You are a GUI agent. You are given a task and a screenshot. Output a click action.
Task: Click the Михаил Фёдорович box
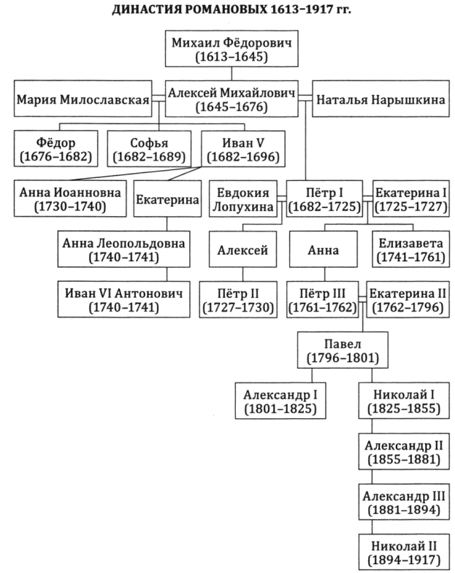tap(232, 49)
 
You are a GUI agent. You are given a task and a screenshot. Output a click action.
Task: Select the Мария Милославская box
tap(83, 99)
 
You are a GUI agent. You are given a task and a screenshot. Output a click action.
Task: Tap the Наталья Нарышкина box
tap(381, 99)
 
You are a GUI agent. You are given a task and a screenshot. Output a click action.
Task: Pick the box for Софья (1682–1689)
tap(149, 149)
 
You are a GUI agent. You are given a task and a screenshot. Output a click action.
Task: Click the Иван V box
tap(243, 149)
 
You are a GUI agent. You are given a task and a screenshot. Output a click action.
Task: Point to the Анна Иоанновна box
tap(70, 199)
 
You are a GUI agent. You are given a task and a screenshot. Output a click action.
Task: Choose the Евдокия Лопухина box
tap(243, 199)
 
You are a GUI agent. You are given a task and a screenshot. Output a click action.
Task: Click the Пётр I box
tap(324, 199)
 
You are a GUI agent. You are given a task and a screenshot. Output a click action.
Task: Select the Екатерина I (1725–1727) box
tap(411, 199)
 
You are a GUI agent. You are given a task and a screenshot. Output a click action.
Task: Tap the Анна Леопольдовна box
tap(123, 249)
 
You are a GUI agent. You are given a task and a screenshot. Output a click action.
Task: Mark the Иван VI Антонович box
tap(123, 299)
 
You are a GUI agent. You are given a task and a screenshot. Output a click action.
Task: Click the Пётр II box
tap(238, 299)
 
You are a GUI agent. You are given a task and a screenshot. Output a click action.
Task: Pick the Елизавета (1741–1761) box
tap(411, 249)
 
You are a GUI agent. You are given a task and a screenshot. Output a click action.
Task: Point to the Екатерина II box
tap(408, 299)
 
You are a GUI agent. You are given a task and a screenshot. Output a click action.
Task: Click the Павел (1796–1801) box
tap(343, 350)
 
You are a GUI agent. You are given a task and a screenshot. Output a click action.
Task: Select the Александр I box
tap(280, 401)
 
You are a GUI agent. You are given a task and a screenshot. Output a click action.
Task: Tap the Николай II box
tap(404, 552)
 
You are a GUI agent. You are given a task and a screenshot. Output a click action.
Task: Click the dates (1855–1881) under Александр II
tap(404, 459)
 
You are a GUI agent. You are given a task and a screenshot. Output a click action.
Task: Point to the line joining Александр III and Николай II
tap(372, 527)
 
